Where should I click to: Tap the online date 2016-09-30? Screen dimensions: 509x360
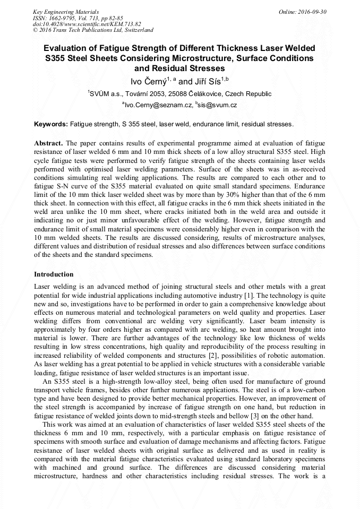(x=311, y=12)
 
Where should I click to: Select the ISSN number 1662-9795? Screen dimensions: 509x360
(x=62, y=18)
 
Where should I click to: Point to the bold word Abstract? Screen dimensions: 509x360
(x=49, y=143)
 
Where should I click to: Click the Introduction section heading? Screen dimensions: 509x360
(x=54, y=274)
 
